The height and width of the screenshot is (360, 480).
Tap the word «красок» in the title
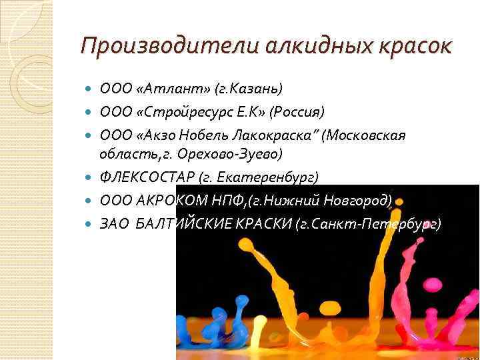[x=413, y=47]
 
